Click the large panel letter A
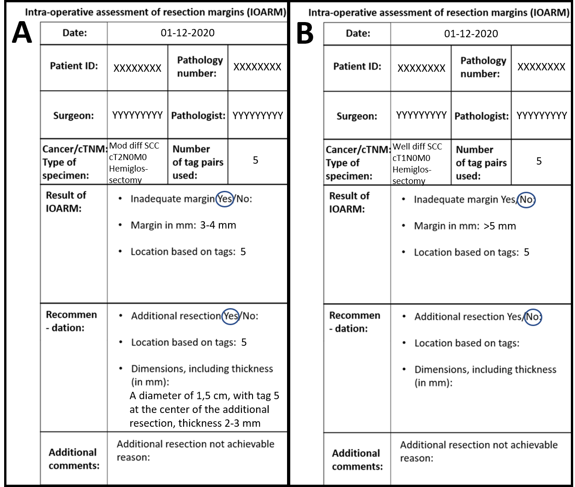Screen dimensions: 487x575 click(22, 33)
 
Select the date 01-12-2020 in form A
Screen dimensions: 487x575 click(188, 33)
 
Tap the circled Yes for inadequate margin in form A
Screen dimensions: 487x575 click(225, 199)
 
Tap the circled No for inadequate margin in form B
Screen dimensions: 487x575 click(526, 200)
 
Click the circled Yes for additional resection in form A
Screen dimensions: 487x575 click(230, 316)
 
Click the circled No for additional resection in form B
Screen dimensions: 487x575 click(533, 317)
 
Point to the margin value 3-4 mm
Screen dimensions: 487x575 click(218, 225)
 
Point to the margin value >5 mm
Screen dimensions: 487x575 click(500, 226)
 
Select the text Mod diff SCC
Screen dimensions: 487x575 click(134, 146)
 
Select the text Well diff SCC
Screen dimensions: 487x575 click(417, 147)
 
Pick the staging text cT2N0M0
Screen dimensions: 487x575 click(128, 157)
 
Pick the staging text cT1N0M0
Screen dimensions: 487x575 click(411, 158)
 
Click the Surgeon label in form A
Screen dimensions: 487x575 click(74, 115)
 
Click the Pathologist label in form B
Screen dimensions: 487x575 click(482, 116)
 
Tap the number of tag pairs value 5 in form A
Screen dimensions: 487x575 click(256, 160)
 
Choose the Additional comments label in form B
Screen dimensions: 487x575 click(357, 459)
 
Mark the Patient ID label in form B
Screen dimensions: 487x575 click(357, 66)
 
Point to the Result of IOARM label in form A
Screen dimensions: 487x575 click(66, 201)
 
